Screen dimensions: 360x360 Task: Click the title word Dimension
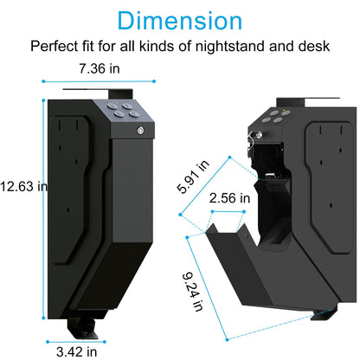point(179,21)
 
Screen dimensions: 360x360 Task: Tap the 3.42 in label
point(84,352)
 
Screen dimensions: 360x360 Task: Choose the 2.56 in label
point(229,198)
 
